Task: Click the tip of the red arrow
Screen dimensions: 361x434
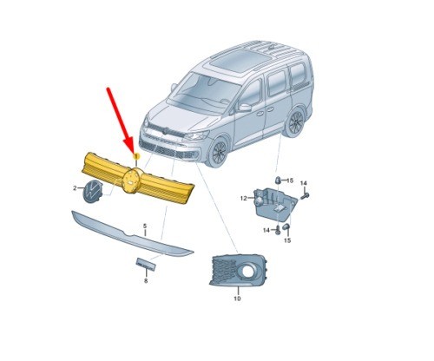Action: pyautogui.click(x=134, y=148)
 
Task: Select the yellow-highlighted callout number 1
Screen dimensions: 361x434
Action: pyautogui.click(x=136, y=154)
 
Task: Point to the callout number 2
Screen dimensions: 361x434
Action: pyautogui.click(x=75, y=187)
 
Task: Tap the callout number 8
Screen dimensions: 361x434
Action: pyautogui.click(x=146, y=281)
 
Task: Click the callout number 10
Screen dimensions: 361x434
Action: pyautogui.click(x=237, y=299)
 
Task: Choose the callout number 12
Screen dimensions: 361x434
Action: pyautogui.click(x=244, y=198)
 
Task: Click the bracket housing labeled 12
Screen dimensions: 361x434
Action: pyautogui.click(x=273, y=201)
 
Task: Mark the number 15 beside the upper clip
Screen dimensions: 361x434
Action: pyautogui.click(x=292, y=178)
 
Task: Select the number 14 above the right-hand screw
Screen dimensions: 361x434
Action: pyautogui.click(x=305, y=182)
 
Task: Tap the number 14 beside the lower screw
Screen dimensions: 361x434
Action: pyautogui.click(x=266, y=230)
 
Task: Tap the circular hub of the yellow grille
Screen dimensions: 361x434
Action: pyautogui.click(x=133, y=180)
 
